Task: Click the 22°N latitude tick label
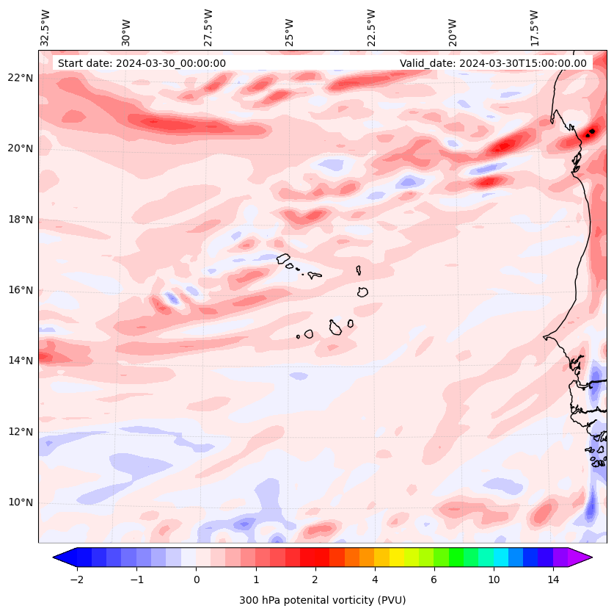(x=21, y=78)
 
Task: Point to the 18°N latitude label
(x=21, y=220)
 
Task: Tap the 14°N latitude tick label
(x=21, y=361)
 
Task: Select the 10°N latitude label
(x=21, y=502)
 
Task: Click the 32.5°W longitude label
(x=45, y=27)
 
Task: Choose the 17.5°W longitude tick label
(x=535, y=27)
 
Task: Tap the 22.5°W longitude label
(x=371, y=27)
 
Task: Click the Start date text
(x=142, y=63)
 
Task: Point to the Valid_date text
(x=493, y=63)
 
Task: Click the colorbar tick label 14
(x=553, y=579)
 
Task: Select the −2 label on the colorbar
(x=76, y=579)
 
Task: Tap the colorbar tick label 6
(x=434, y=579)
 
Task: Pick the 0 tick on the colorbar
(x=196, y=579)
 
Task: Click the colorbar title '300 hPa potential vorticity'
(x=322, y=600)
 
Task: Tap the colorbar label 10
(x=494, y=579)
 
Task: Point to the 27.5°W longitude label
(x=208, y=27)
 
